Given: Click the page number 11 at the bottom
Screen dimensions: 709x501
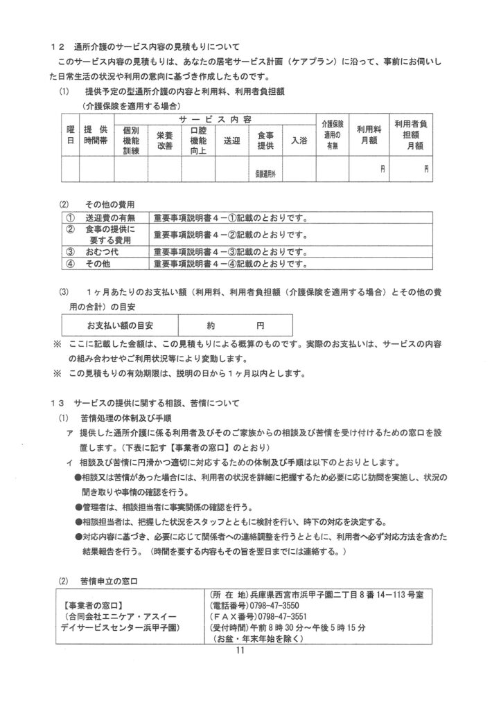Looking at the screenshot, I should click(241, 650).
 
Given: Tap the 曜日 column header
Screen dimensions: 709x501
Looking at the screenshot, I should click(70, 135).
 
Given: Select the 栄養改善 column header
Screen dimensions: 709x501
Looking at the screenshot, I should click(164, 141).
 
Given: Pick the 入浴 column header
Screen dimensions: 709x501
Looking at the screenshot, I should click(299, 141).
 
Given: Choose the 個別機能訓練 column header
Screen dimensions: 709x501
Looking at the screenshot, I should click(131, 141).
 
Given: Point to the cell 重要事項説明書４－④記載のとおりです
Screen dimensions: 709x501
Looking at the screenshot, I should click(228, 264).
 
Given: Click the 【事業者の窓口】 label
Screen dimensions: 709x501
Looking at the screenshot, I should click(96, 604).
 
